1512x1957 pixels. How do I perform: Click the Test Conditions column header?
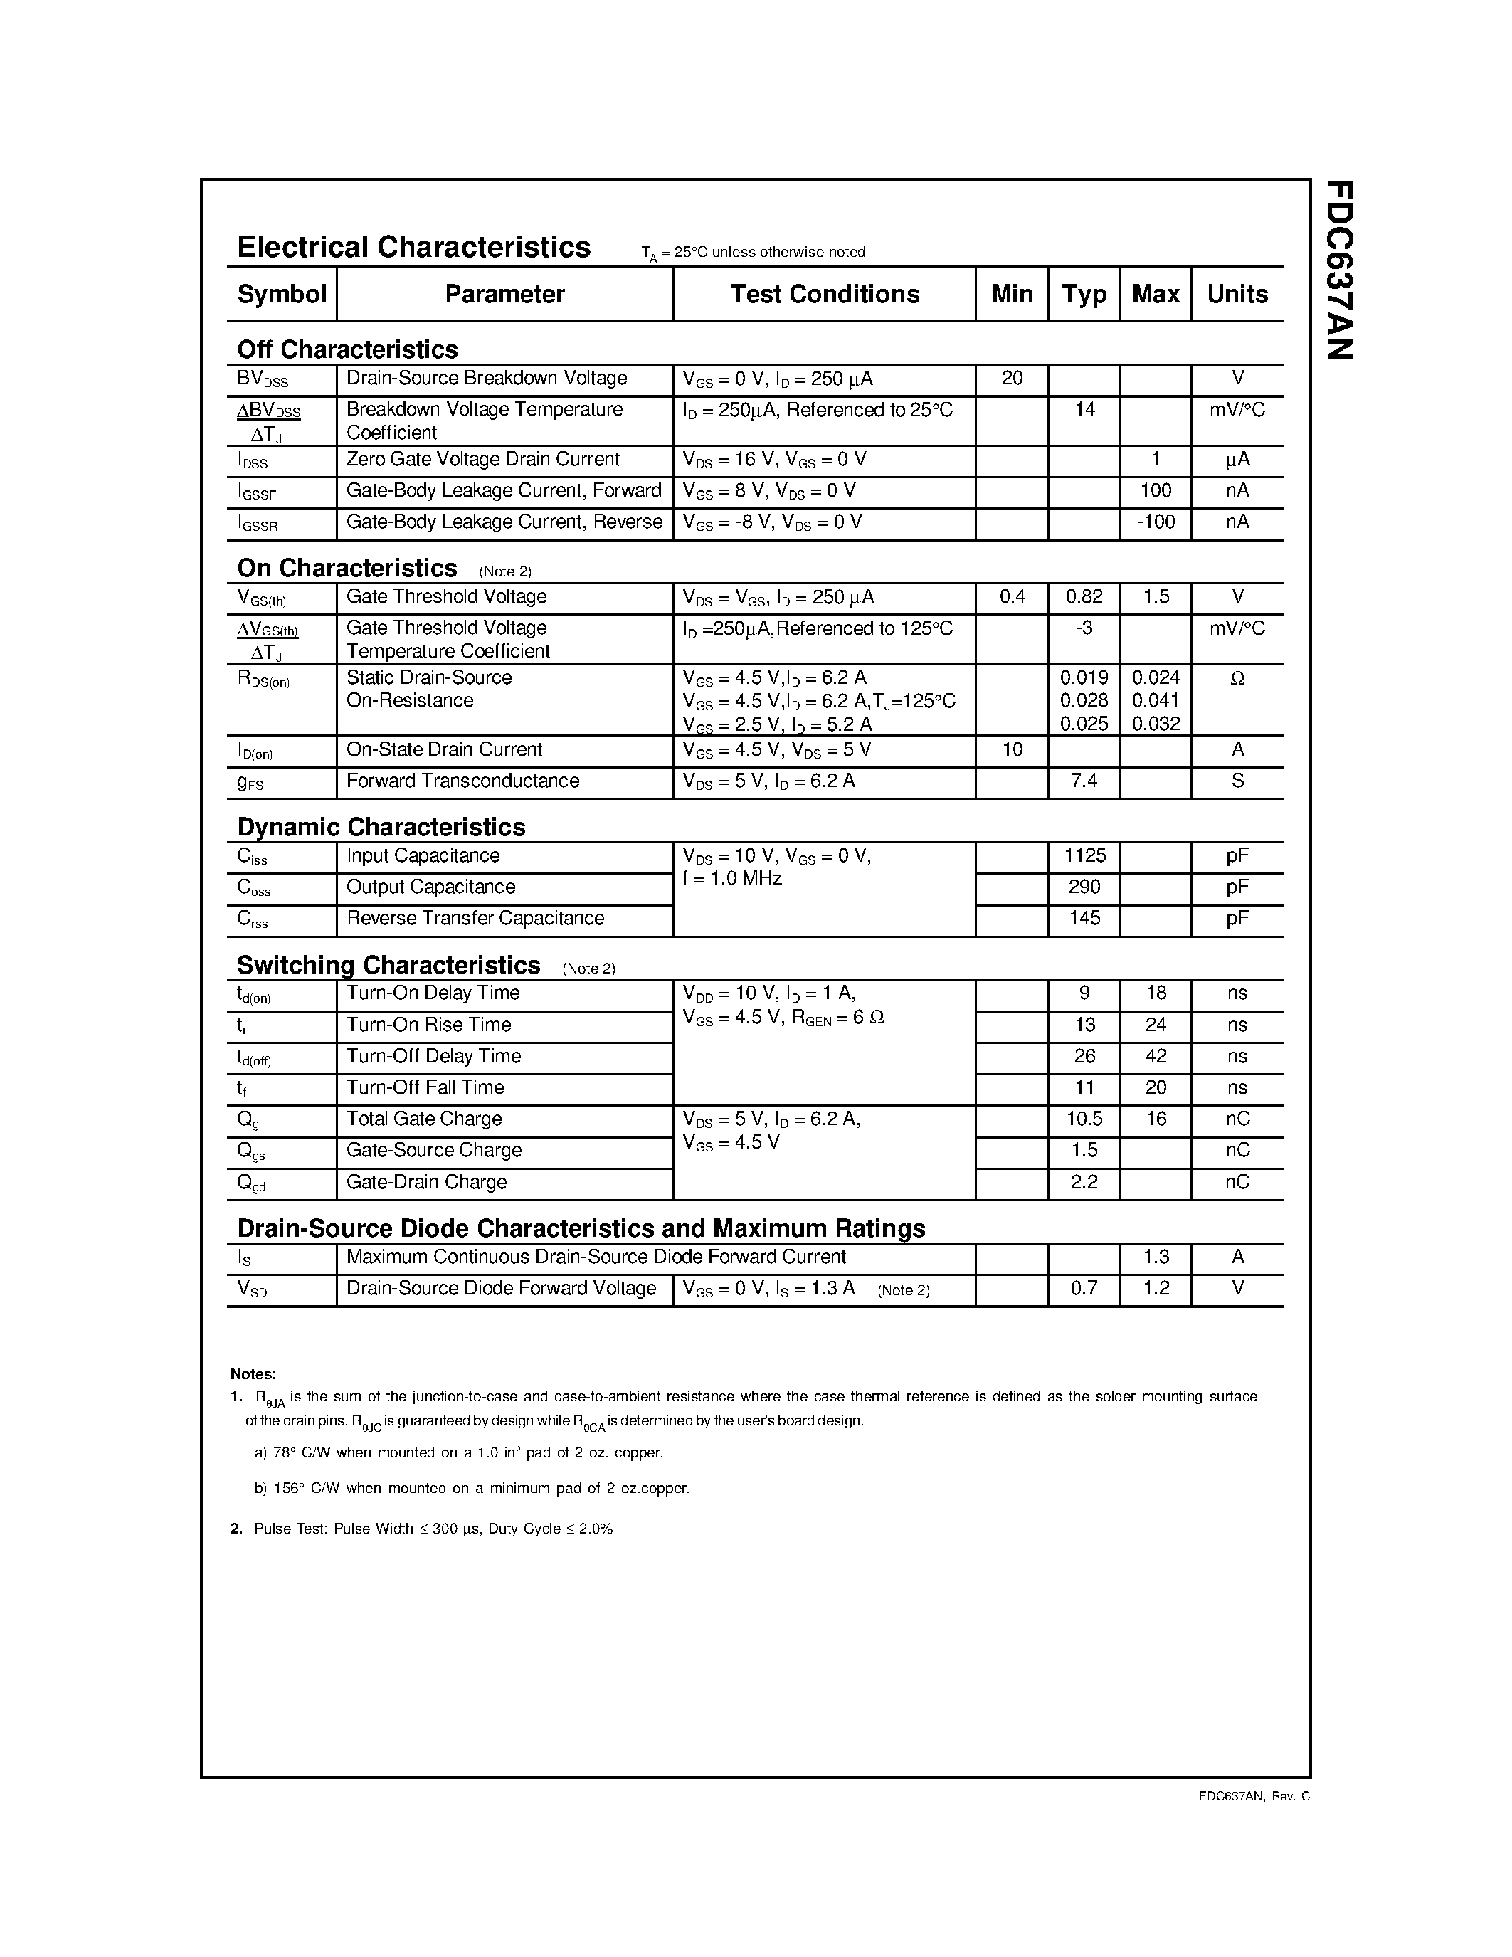[x=824, y=294]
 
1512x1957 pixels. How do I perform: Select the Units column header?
[x=1237, y=294]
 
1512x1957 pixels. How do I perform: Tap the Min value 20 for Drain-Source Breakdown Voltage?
[x=1011, y=378]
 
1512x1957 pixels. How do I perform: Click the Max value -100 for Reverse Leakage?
[x=1155, y=522]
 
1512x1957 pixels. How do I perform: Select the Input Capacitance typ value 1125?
[x=1084, y=855]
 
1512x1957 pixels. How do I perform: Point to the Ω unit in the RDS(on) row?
[x=1237, y=679]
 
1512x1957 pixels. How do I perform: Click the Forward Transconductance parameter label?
[x=462, y=781]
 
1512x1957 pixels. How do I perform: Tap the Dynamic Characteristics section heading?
[x=381, y=826]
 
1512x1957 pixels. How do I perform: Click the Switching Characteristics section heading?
[x=388, y=965]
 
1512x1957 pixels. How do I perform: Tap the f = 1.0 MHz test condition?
[x=732, y=879]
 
